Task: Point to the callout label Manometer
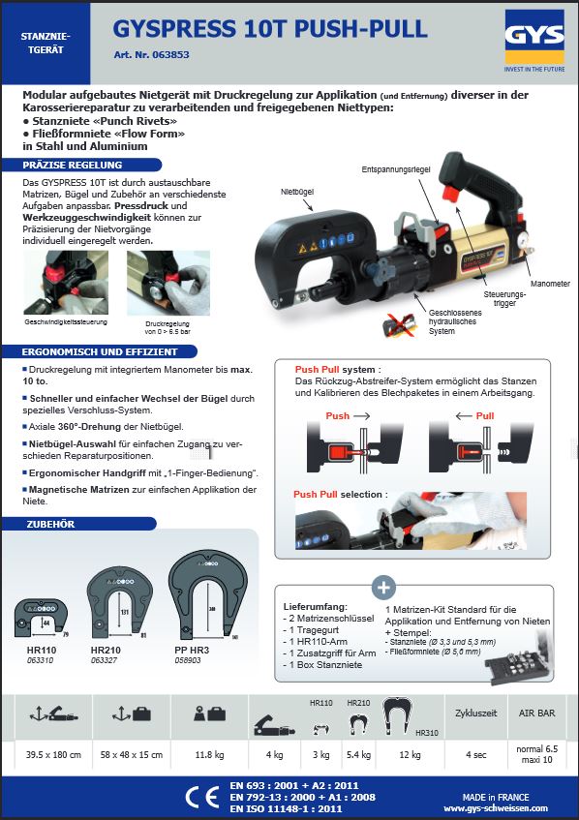[x=549, y=285]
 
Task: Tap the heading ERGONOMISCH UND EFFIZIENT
[x=91, y=350]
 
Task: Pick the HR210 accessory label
[x=105, y=650]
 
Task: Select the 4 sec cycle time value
[x=475, y=752]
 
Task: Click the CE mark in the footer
[x=200, y=797]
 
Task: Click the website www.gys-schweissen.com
[x=495, y=807]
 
